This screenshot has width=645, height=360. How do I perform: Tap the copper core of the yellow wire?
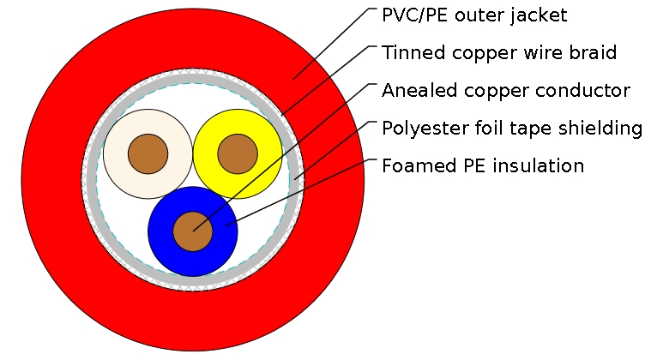click(x=238, y=154)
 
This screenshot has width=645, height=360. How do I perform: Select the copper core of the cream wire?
click(x=148, y=154)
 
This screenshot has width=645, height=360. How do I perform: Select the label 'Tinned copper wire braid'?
click(x=499, y=53)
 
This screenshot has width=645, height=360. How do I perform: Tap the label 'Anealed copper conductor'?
click(x=506, y=91)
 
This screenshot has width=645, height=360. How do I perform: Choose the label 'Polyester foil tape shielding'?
click(x=512, y=129)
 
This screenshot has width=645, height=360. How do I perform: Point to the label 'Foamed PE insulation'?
click(x=483, y=165)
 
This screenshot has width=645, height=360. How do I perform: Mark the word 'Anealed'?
click(x=415, y=91)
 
